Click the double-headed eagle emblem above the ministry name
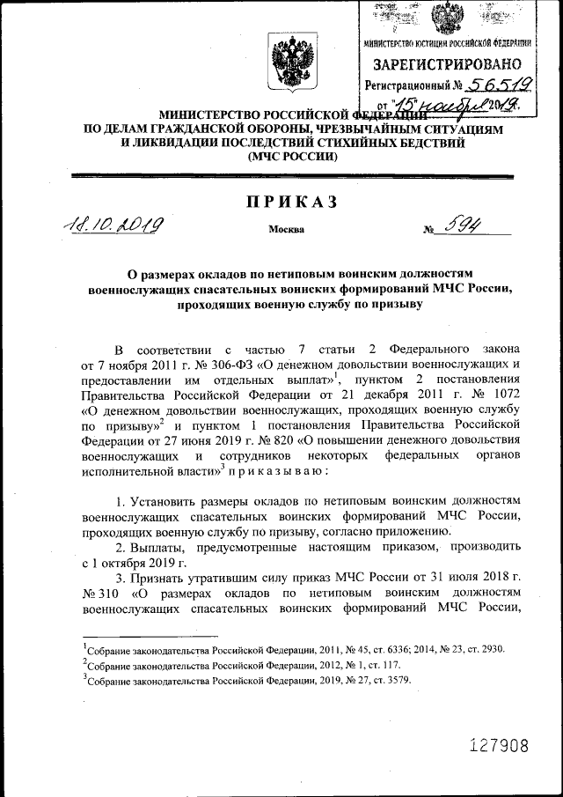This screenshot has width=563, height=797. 287,67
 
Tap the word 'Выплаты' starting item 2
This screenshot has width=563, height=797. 164,548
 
